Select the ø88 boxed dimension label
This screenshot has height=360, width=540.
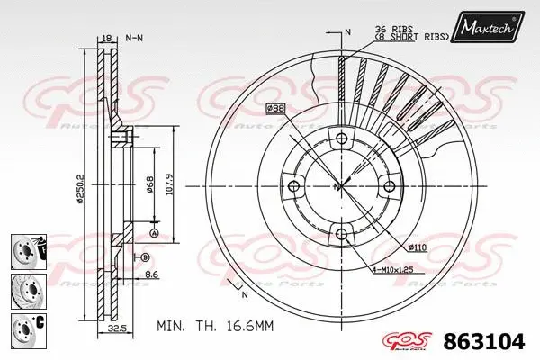click(x=275, y=109)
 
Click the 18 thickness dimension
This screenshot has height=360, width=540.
click(x=106, y=38)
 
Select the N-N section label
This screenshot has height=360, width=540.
click(x=134, y=38)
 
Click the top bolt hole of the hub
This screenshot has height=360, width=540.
click(x=341, y=139)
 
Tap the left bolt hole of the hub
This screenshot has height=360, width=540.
click(x=292, y=187)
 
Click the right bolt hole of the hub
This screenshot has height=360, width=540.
click(x=390, y=187)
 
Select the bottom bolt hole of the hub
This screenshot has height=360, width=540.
click(x=341, y=236)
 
